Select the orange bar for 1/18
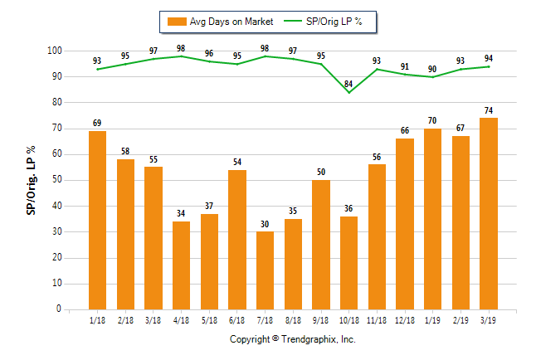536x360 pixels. click(97, 220)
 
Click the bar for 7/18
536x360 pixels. click(265, 270)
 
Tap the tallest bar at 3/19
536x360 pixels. click(489, 213)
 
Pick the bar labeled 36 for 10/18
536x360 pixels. click(349, 262)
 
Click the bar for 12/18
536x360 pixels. click(405, 224)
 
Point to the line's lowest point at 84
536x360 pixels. click(349, 92)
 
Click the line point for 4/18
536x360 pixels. click(181, 56)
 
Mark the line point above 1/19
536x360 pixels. click(433, 77)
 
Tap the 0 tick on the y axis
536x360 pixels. click(59, 309)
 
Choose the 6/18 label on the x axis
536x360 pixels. click(236, 321)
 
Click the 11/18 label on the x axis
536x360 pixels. click(377, 321)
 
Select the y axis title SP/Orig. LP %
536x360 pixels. click(31, 180)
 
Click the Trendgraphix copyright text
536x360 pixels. click(292, 339)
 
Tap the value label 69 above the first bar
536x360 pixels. click(97, 123)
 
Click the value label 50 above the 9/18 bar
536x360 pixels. click(321, 172)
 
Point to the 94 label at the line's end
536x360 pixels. click(489, 58)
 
